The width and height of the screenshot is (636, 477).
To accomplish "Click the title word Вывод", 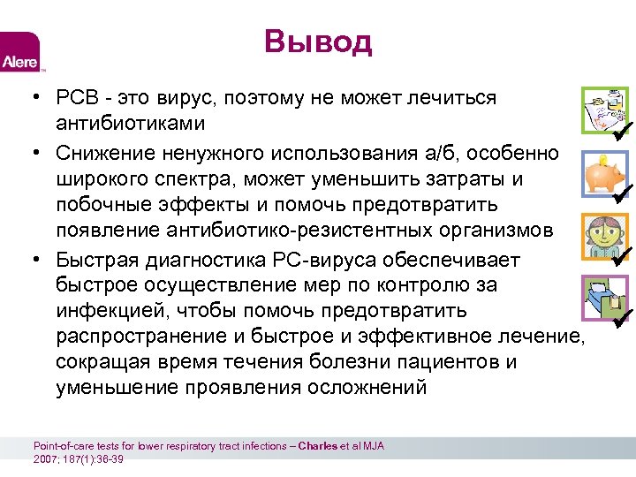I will point(318,42).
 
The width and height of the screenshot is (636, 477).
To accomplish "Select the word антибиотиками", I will point(130,123).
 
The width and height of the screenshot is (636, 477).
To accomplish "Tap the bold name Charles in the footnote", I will point(317,446).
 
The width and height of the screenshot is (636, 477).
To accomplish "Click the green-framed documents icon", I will point(603,109).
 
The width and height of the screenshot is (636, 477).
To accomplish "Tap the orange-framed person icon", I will point(604,235).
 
